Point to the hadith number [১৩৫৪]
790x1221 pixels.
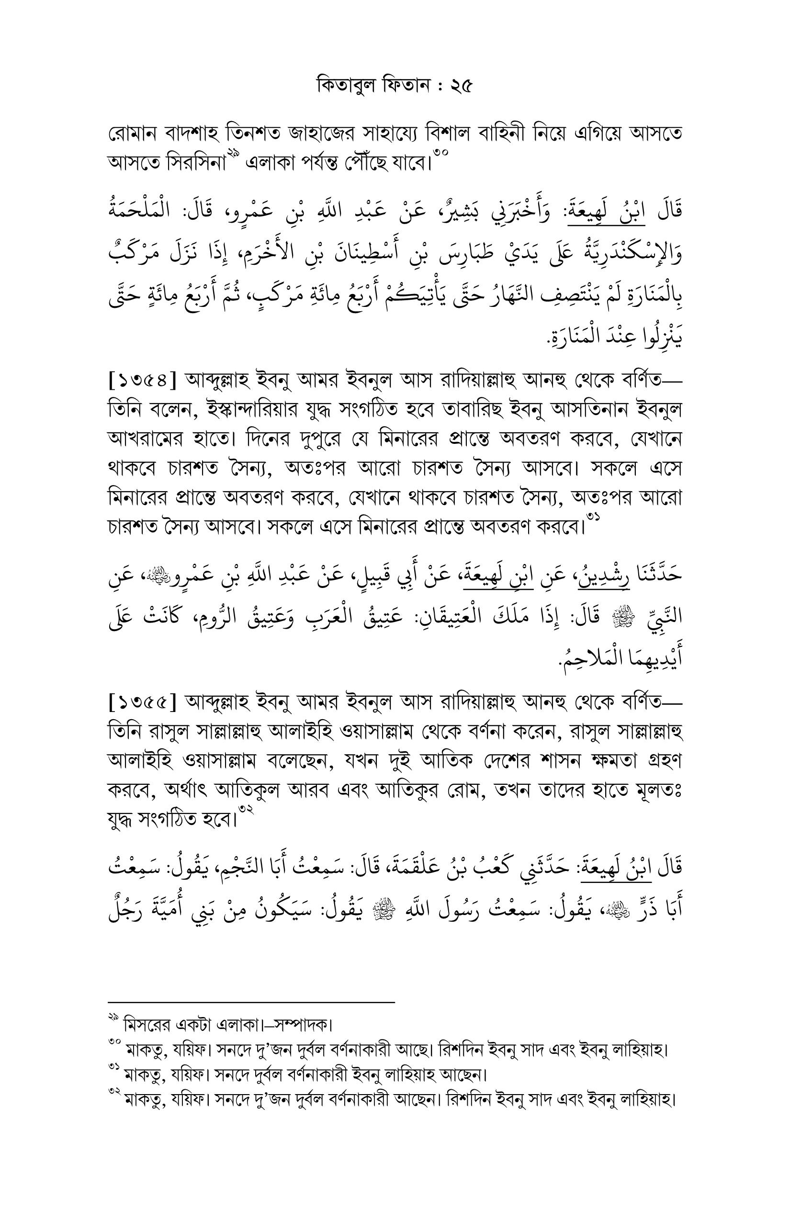(143, 381)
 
